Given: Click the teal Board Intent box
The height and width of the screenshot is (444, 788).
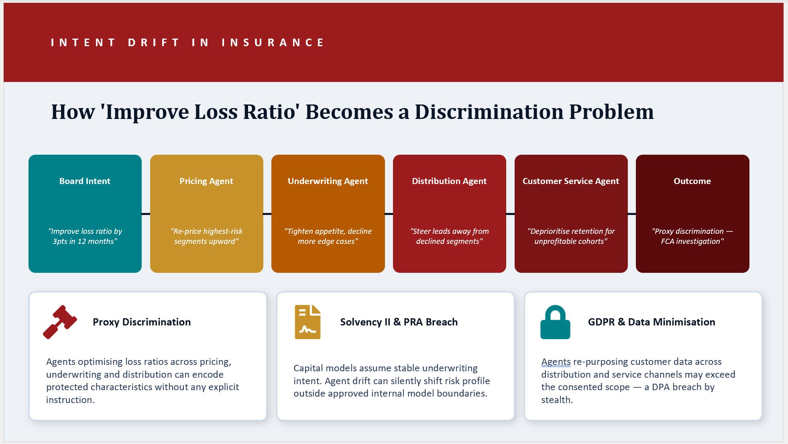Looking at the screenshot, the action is point(85,214).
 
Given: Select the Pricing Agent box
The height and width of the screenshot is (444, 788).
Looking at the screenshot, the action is point(207,214).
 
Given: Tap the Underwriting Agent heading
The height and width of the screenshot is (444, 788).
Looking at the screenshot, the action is point(328,181).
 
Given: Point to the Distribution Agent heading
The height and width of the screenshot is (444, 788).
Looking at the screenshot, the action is point(449,181).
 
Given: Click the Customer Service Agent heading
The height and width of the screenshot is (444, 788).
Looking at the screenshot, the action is point(571,181).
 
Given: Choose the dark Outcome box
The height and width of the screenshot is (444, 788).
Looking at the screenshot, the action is point(692,214).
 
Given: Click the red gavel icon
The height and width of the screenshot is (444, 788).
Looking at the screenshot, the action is point(60,322).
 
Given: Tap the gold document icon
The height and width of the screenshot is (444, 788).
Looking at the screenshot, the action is point(307,322).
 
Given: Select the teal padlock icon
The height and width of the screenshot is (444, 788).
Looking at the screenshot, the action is point(555,322).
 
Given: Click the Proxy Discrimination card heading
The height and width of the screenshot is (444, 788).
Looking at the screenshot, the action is point(142,322).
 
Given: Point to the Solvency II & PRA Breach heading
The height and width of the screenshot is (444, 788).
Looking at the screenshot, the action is point(399,322).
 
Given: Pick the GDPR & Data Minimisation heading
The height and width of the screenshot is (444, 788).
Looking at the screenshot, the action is point(652,322).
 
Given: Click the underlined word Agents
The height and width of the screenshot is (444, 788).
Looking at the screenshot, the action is point(556,362).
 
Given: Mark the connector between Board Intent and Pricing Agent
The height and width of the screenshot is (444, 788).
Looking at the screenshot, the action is point(146,214).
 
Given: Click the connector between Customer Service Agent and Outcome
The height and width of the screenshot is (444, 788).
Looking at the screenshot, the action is point(632,214).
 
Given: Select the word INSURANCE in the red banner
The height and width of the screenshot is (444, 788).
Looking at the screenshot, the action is point(273,43).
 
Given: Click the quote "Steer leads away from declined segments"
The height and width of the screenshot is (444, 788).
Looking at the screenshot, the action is point(449,236).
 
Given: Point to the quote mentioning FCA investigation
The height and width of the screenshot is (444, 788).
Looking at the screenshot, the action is point(692,236).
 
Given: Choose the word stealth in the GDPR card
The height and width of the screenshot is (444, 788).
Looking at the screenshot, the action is point(557,400).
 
